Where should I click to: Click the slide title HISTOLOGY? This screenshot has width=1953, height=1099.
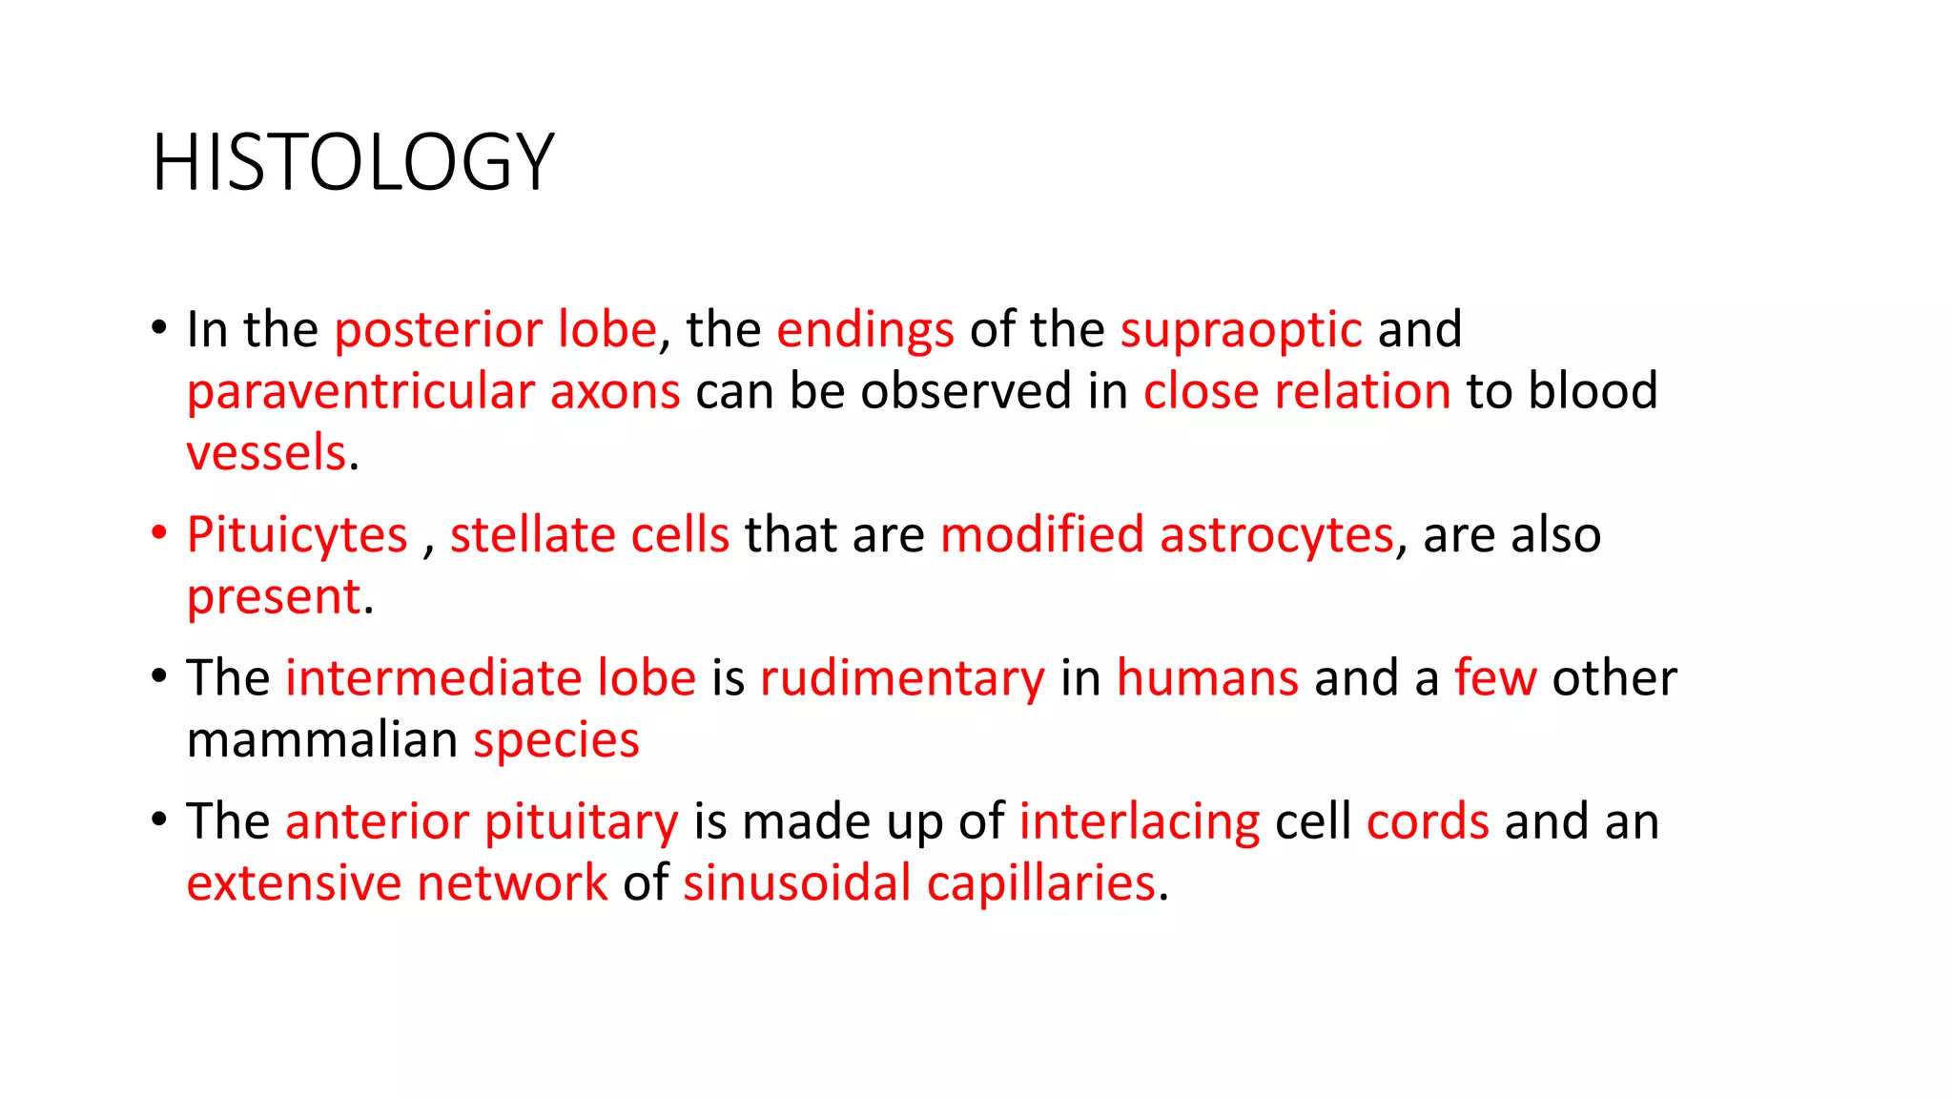coord(353,162)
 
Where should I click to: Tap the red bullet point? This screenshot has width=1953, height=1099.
coord(159,533)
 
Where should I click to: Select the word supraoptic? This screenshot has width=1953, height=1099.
coord(1241,330)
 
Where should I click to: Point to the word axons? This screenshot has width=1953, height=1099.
coord(615,392)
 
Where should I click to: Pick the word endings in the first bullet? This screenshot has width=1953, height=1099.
coord(865,330)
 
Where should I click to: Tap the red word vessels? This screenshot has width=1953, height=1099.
coord(266,453)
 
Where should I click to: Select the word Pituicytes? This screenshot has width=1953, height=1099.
coord(297,535)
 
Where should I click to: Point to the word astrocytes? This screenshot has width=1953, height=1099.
coord(1277,535)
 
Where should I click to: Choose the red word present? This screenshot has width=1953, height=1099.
coord(274,597)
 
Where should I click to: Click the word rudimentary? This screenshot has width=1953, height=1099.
coord(902,678)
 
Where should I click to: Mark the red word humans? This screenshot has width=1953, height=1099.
coord(1207,678)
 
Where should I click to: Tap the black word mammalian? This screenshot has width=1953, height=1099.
coord(322,740)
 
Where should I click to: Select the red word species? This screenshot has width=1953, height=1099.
coord(556,741)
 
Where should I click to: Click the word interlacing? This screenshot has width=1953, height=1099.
coord(1140,822)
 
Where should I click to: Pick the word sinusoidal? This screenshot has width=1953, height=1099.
coord(797,883)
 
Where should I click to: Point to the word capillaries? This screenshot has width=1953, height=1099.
coord(1041,883)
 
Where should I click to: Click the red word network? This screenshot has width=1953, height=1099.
coord(512,883)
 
